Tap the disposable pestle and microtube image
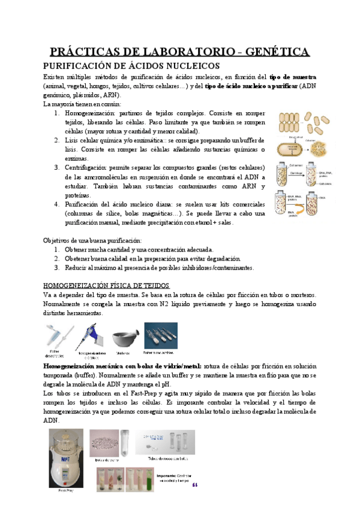pyautogui.click(x=56, y=336)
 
